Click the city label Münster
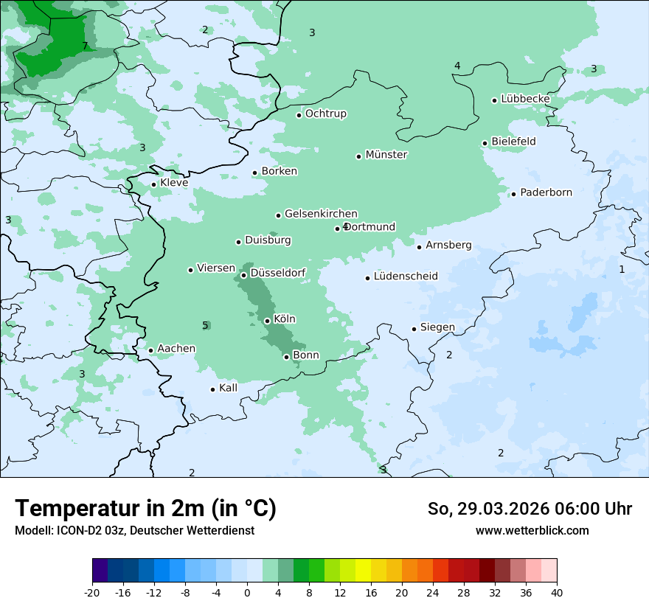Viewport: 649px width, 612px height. click(386, 155)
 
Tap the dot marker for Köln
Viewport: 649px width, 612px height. click(267, 321)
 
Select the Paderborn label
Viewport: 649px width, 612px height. click(546, 192)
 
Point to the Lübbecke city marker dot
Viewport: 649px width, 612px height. click(495, 100)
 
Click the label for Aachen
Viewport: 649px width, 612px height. click(176, 349)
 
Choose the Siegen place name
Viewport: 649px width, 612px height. click(437, 327)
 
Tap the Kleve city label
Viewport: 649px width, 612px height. click(174, 183)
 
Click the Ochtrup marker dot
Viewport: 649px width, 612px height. click(299, 115)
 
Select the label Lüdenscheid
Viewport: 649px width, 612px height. click(406, 277)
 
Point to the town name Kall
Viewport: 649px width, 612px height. click(229, 388)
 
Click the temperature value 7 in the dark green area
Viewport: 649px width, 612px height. click(85, 46)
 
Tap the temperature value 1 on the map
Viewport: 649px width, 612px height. click(622, 269)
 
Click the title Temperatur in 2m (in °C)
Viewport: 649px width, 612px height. click(145, 508)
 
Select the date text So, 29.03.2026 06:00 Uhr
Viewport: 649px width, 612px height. click(530, 509)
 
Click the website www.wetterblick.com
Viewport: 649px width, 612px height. click(532, 530)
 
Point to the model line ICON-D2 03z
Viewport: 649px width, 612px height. click(134, 530)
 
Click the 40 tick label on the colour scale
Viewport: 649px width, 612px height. click(557, 593)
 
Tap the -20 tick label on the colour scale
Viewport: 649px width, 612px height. click(92, 593)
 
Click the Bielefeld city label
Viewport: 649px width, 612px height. click(513, 141)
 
